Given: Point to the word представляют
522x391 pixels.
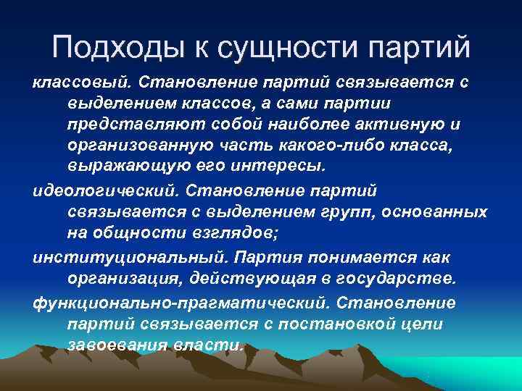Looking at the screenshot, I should [x=123, y=125].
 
